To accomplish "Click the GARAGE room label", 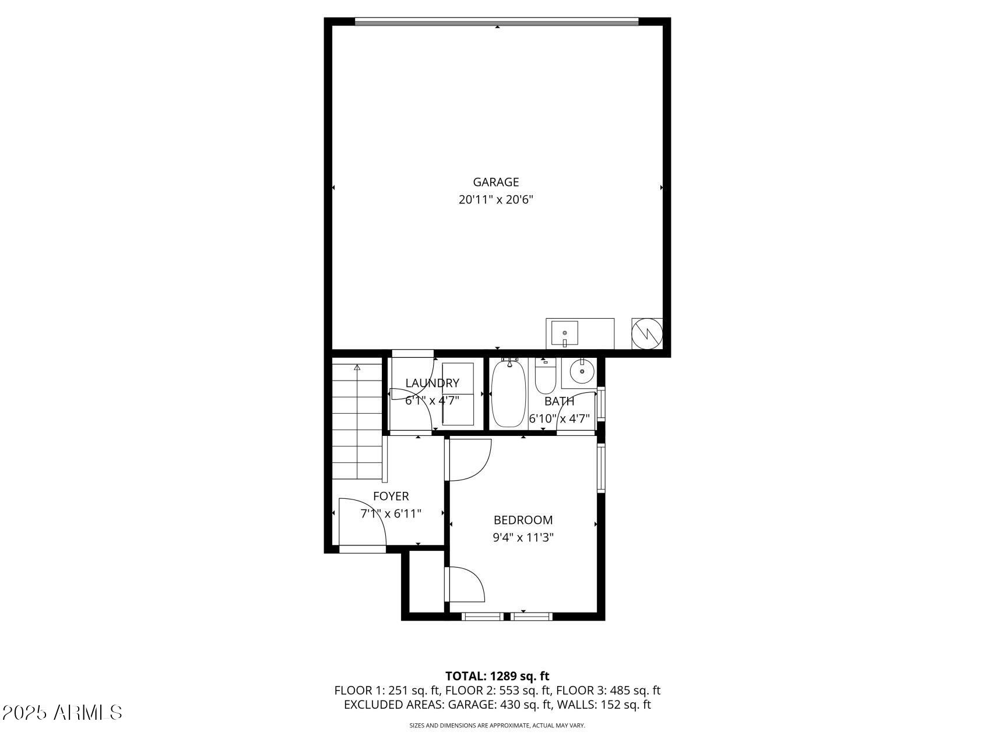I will [495, 182].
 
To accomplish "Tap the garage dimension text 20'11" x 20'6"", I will [495, 200].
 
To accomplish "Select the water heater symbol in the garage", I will [647, 333].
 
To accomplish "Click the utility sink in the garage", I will [564, 333].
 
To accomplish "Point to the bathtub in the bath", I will [508, 395].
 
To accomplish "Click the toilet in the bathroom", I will [545, 379].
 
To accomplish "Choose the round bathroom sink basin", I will [581, 372].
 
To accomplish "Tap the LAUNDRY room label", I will [432, 383].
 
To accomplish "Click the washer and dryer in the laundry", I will [458, 393].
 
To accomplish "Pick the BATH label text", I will [559, 402].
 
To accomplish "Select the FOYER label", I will [391, 497].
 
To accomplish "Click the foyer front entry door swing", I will [361, 522].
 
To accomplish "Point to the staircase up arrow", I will [357, 368].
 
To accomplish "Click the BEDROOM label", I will [523, 520].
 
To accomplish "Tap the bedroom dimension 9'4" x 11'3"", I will [523, 537].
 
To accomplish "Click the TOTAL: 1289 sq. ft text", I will [497, 676].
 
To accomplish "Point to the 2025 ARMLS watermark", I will [62, 712].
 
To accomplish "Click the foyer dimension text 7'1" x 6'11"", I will [391, 514].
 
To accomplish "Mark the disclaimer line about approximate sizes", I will [497, 726].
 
